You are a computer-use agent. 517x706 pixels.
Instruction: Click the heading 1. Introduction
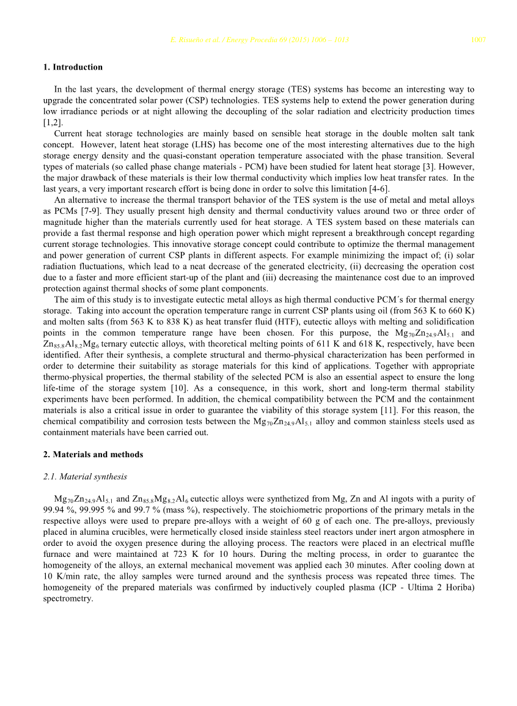pos(73,67)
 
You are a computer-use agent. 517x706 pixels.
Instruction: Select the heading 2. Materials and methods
pos(93,455)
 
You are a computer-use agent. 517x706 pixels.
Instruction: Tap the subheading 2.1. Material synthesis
pos(85,477)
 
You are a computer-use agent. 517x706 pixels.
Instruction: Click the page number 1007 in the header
pos(478,40)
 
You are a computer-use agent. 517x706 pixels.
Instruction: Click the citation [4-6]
pos(378,188)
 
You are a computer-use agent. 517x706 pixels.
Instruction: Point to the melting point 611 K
pos(332,344)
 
